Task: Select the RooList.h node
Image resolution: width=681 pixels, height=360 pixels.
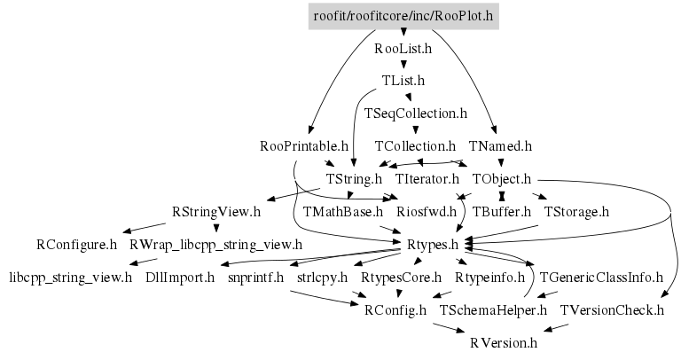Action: (403, 49)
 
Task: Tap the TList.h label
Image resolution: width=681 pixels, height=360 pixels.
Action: (403, 81)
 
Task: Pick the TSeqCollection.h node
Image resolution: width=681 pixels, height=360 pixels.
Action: (415, 113)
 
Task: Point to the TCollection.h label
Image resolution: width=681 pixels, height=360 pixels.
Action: (415, 145)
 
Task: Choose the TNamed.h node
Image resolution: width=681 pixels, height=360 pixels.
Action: (500, 145)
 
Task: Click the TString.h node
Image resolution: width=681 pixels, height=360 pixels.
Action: (354, 178)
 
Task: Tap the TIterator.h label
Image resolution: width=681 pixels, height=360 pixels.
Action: (422, 178)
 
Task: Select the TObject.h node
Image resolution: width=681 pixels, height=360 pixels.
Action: (501, 178)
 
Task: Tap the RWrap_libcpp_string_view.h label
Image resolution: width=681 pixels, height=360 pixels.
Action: (215, 244)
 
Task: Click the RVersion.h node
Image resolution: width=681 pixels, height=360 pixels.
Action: (504, 342)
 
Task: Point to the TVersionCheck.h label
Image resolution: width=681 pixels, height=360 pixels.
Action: (612, 309)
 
